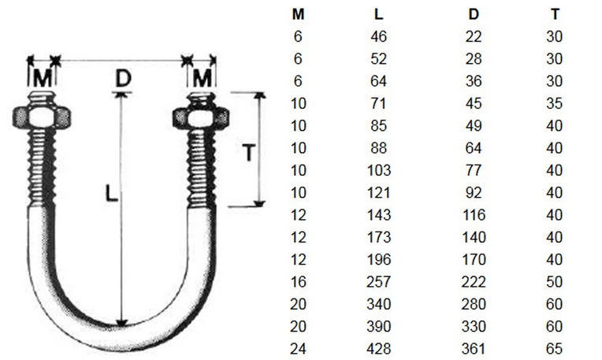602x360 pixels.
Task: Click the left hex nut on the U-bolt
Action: (x=39, y=116)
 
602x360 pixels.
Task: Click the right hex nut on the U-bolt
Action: (x=200, y=117)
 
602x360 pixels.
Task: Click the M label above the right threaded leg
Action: (x=203, y=77)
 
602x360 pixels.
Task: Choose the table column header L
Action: (x=379, y=13)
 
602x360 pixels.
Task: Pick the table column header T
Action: (x=556, y=13)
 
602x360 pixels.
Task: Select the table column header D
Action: (x=473, y=13)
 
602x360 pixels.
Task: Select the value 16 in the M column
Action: (x=298, y=282)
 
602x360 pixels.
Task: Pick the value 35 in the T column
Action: (x=556, y=103)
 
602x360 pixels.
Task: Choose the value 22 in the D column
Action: (x=473, y=36)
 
